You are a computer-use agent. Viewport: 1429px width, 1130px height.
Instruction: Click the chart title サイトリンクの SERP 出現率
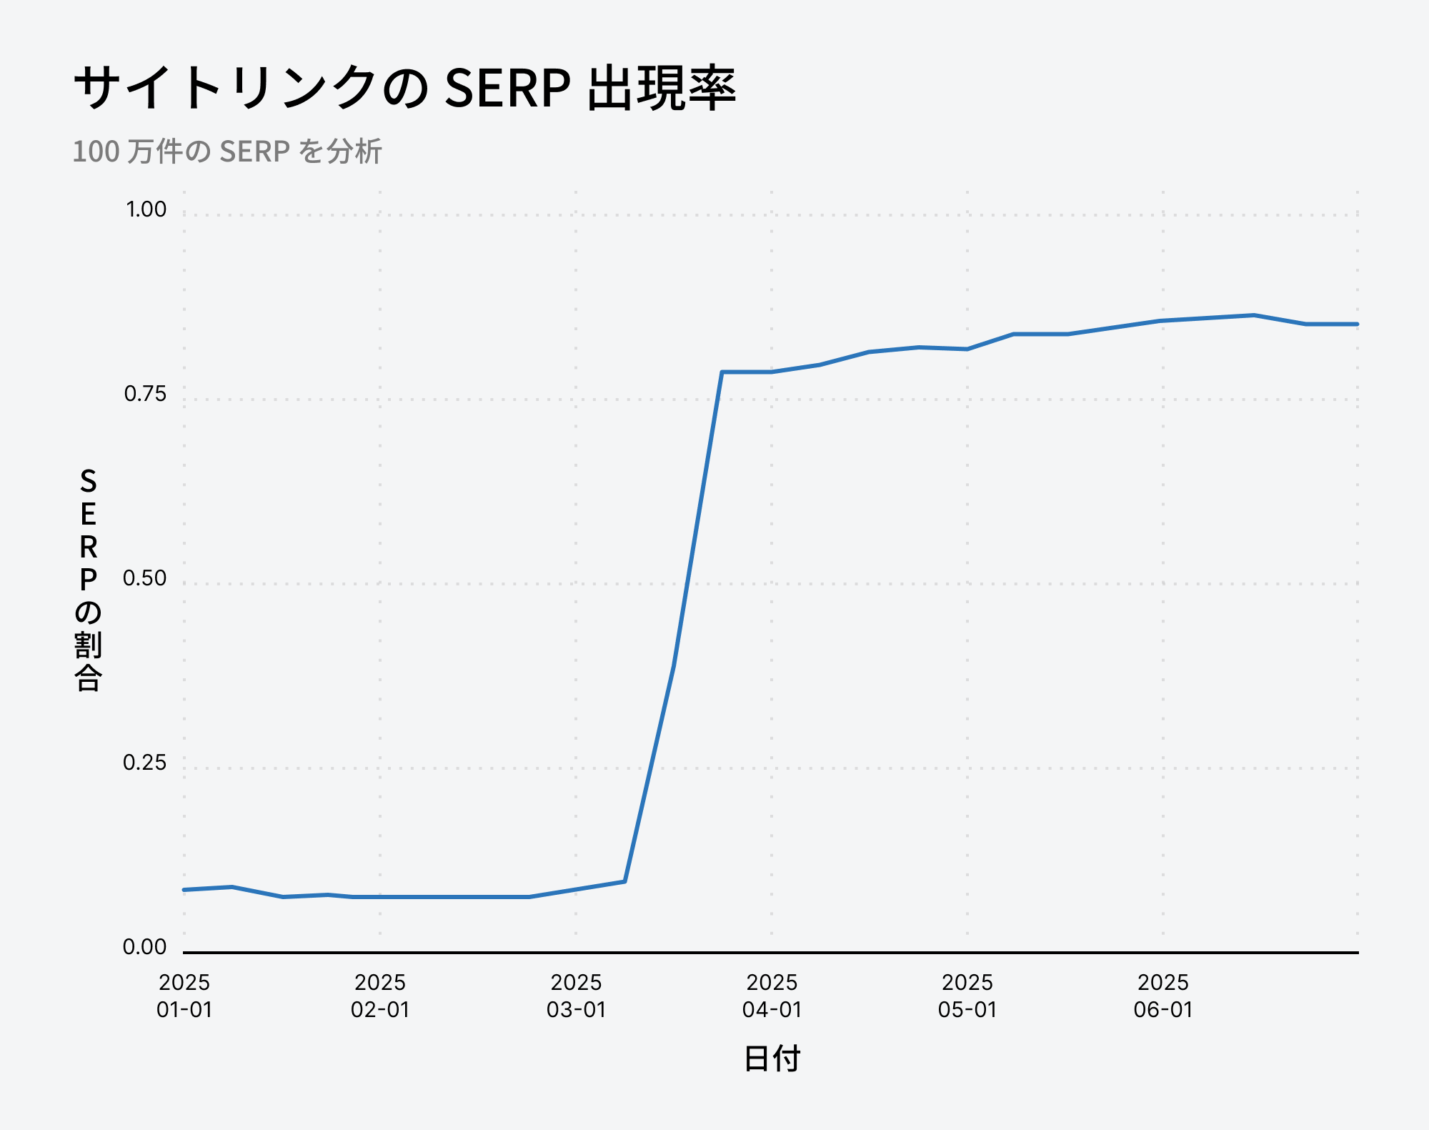tap(404, 89)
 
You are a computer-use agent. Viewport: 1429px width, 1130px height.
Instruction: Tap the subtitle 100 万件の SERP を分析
tap(227, 152)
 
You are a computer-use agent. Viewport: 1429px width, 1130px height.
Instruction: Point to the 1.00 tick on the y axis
tap(146, 209)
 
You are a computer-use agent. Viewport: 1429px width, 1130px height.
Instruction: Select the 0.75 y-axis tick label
tap(145, 394)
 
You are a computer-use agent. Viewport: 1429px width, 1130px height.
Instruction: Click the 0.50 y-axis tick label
tap(144, 578)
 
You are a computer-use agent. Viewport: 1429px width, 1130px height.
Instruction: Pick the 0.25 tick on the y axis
tap(144, 763)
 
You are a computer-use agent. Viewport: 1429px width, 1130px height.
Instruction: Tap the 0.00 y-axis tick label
tap(144, 947)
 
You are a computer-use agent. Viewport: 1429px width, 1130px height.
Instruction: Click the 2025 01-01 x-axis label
tap(184, 996)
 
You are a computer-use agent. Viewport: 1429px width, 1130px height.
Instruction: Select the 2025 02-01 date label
tap(380, 996)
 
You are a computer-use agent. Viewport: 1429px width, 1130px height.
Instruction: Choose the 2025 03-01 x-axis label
tap(576, 996)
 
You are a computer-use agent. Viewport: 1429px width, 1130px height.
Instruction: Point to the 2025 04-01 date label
tap(772, 996)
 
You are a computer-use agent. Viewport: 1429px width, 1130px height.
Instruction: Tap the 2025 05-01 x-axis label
tap(967, 996)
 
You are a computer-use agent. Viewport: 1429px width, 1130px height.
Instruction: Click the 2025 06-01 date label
tap(1163, 996)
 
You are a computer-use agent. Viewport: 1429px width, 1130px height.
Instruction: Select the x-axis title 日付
tap(772, 1059)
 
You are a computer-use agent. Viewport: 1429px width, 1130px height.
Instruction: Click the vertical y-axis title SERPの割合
tap(88, 579)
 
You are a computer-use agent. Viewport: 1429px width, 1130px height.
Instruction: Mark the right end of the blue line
tap(1357, 324)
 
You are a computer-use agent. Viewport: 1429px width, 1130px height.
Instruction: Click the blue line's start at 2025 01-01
tap(184, 890)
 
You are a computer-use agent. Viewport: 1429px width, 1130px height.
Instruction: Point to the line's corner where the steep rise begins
tap(624, 881)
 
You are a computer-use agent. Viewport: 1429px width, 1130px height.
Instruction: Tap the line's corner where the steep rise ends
tap(722, 372)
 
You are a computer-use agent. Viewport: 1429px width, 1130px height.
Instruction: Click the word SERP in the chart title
tap(507, 89)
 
